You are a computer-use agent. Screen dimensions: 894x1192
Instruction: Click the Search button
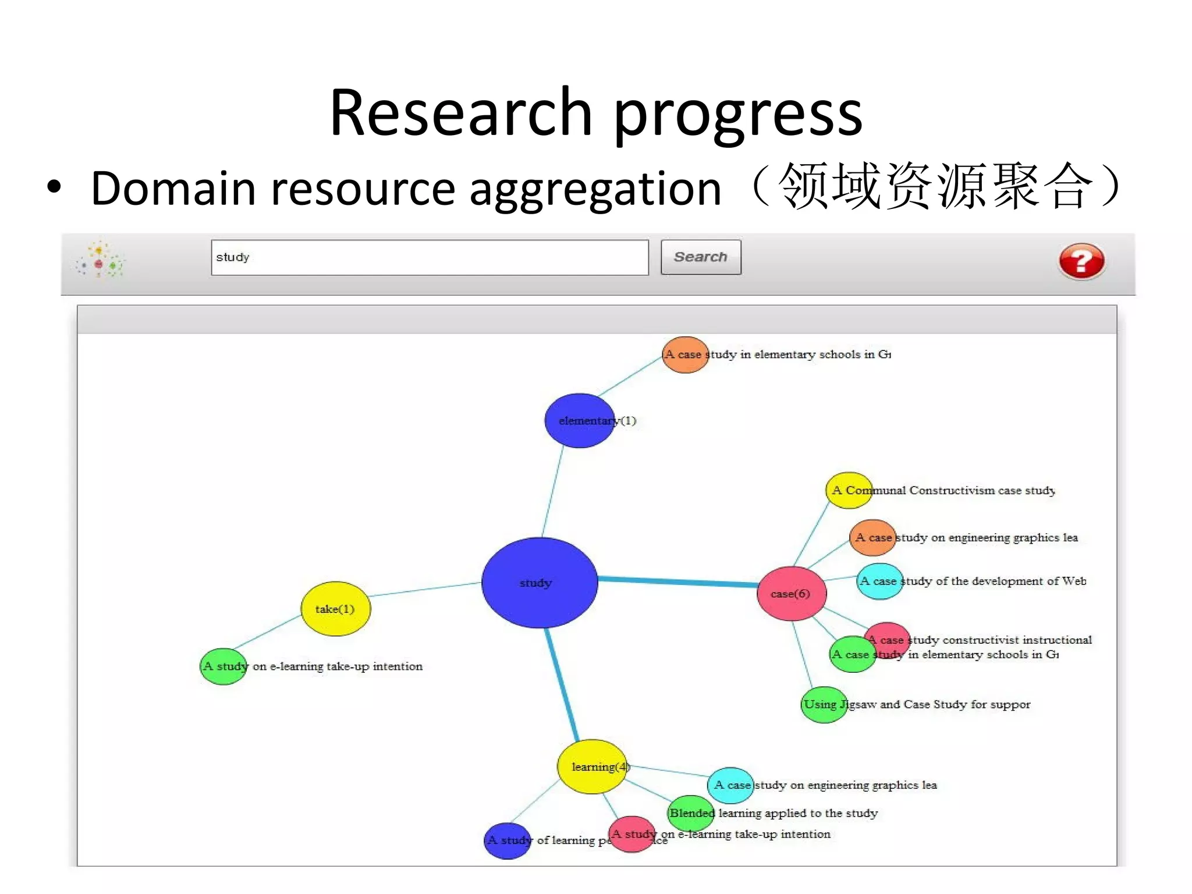pos(700,257)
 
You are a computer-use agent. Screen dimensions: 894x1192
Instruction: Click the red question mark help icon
pos(1081,261)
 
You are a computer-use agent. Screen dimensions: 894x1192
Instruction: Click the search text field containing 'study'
pos(430,257)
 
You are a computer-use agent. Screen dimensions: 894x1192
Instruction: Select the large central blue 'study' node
pos(540,583)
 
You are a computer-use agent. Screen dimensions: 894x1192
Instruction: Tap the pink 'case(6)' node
pos(792,594)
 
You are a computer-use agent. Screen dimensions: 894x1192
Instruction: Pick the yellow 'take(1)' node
pos(335,609)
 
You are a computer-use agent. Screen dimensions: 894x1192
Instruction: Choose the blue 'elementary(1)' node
pos(579,421)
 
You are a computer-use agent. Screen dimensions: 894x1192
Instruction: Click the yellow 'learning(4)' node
pos(592,767)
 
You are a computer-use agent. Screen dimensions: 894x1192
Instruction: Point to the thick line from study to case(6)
pos(678,580)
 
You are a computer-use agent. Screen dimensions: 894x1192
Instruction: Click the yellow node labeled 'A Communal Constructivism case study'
pos(849,490)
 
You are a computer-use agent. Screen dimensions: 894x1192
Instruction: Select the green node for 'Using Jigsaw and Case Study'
pos(824,705)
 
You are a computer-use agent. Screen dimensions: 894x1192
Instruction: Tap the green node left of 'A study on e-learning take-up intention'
pos(223,666)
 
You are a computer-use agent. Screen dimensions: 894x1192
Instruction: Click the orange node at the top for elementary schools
pos(685,354)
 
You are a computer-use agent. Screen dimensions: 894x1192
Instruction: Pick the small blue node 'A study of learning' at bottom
pos(507,840)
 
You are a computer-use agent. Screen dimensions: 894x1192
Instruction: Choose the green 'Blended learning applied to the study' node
pos(691,813)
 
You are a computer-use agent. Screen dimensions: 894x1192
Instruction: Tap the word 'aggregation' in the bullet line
pos(595,189)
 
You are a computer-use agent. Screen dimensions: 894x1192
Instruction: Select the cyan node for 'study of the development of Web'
pos(879,581)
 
